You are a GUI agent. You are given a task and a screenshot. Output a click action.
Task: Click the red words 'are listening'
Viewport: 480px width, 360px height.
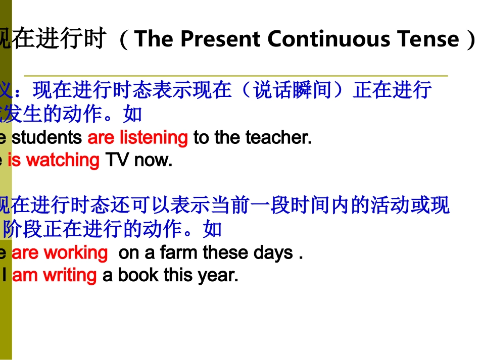pos(137,137)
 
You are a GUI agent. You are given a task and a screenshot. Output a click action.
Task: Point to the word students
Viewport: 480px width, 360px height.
pos(46,137)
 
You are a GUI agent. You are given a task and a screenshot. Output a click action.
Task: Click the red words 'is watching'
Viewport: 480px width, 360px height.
pos(54,160)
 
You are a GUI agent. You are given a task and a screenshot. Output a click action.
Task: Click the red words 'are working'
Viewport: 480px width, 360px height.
pos(60,252)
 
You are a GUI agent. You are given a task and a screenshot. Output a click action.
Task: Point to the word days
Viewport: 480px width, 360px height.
pos(274,252)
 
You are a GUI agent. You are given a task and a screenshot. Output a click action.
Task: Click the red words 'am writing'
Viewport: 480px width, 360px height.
pos(54,275)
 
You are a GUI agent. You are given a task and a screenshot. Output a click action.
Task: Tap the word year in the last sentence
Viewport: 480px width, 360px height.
pos(219,275)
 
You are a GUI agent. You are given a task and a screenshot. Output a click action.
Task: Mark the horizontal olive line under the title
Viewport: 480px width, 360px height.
pos(235,76)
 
